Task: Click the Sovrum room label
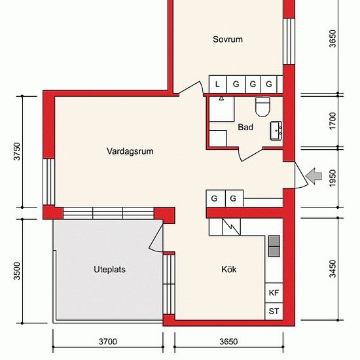pyautogui.click(x=228, y=39)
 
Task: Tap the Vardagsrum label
pyautogui.click(x=130, y=151)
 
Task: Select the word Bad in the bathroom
pyautogui.click(x=245, y=128)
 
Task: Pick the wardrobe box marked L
pyautogui.click(x=217, y=84)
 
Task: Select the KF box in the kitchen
pyautogui.click(x=274, y=293)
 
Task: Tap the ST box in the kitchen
pyautogui.click(x=274, y=312)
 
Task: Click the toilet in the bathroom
pyautogui.click(x=262, y=106)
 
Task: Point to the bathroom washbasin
pyautogui.click(x=276, y=130)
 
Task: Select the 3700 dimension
pyautogui.click(x=108, y=342)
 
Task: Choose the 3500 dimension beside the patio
pyautogui.click(x=18, y=270)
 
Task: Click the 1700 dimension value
pyautogui.click(x=333, y=120)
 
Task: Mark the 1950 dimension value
pyautogui.click(x=333, y=176)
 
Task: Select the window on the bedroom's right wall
pyautogui.click(x=287, y=41)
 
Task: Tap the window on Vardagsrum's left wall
pyautogui.click(x=48, y=181)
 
